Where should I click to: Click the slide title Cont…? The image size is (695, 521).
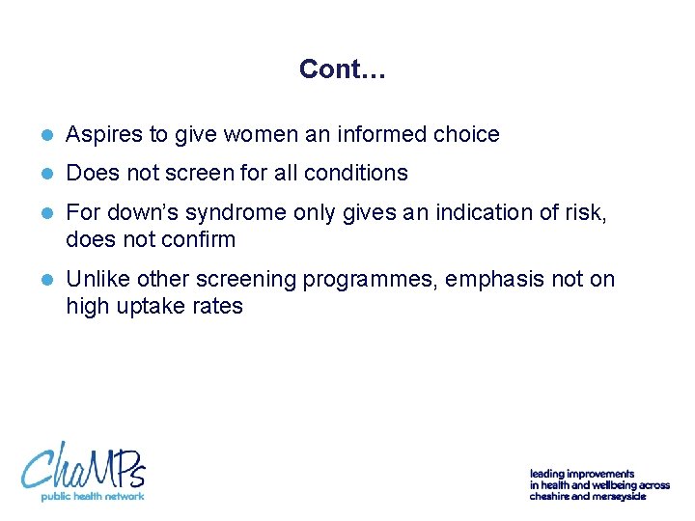coord(343,69)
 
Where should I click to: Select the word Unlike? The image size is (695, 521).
coord(97,280)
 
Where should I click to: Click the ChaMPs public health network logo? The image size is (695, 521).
coord(84,470)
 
